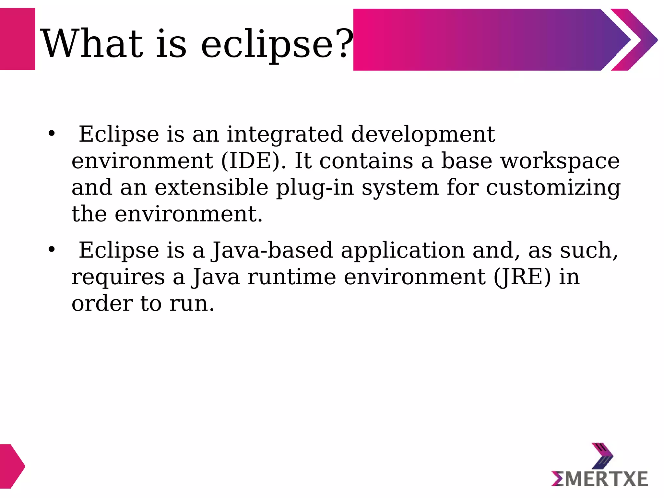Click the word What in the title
click(92, 44)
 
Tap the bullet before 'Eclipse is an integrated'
click(52, 133)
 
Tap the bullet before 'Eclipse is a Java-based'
click(52, 249)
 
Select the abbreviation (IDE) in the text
click(254, 161)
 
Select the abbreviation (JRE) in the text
click(522, 277)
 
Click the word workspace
click(560, 161)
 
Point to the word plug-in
click(315, 188)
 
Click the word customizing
click(553, 188)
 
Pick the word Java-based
click(272, 250)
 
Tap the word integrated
click(285, 135)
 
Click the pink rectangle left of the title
click(17, 39)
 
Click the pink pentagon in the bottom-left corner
click(11, 466)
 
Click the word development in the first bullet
click(423, 134)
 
